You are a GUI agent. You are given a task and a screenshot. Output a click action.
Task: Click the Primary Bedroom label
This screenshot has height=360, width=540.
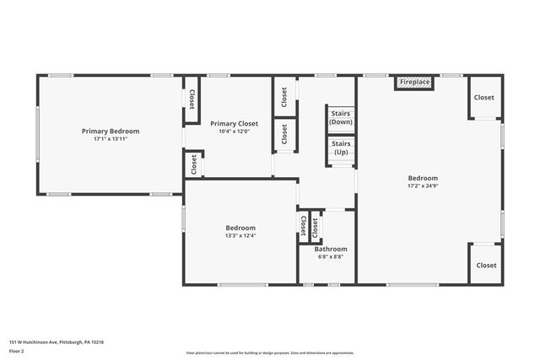pos(111,131)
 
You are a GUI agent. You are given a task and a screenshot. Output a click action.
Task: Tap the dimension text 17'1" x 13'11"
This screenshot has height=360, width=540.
pos(111,139)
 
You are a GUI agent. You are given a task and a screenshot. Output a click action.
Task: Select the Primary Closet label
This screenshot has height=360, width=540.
pos(234,123)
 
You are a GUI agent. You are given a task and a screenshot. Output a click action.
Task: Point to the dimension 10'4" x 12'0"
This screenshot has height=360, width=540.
pos(234,131)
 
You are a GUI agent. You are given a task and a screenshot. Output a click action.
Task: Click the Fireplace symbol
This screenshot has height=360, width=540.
pos(414,83)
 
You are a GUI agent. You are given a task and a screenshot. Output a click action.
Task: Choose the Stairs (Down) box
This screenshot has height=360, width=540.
pos(341,117)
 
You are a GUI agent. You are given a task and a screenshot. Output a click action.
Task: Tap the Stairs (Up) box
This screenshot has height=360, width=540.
pos(341,148)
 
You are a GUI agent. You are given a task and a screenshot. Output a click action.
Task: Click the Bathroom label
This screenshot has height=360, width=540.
pos(331,249)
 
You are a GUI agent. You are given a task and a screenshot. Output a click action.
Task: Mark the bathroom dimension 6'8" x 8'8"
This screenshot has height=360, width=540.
pos(331,257)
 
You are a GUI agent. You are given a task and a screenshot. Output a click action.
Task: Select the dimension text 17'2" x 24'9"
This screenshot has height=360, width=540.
pos(423,186)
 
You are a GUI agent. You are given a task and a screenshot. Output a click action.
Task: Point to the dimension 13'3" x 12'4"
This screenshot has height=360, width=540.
pos(240,235)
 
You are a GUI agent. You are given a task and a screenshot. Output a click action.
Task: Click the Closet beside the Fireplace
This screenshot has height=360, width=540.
pos(484,97)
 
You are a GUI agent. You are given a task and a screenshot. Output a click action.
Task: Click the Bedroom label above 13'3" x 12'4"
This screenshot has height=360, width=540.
pos(240,228)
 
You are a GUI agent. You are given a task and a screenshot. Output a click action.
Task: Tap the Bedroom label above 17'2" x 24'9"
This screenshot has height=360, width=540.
pos(423,178)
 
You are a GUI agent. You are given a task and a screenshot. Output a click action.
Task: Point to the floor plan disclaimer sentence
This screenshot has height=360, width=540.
pos(270,353)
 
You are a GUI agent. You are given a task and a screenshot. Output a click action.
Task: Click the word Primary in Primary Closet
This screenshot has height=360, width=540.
pos(222,123)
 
